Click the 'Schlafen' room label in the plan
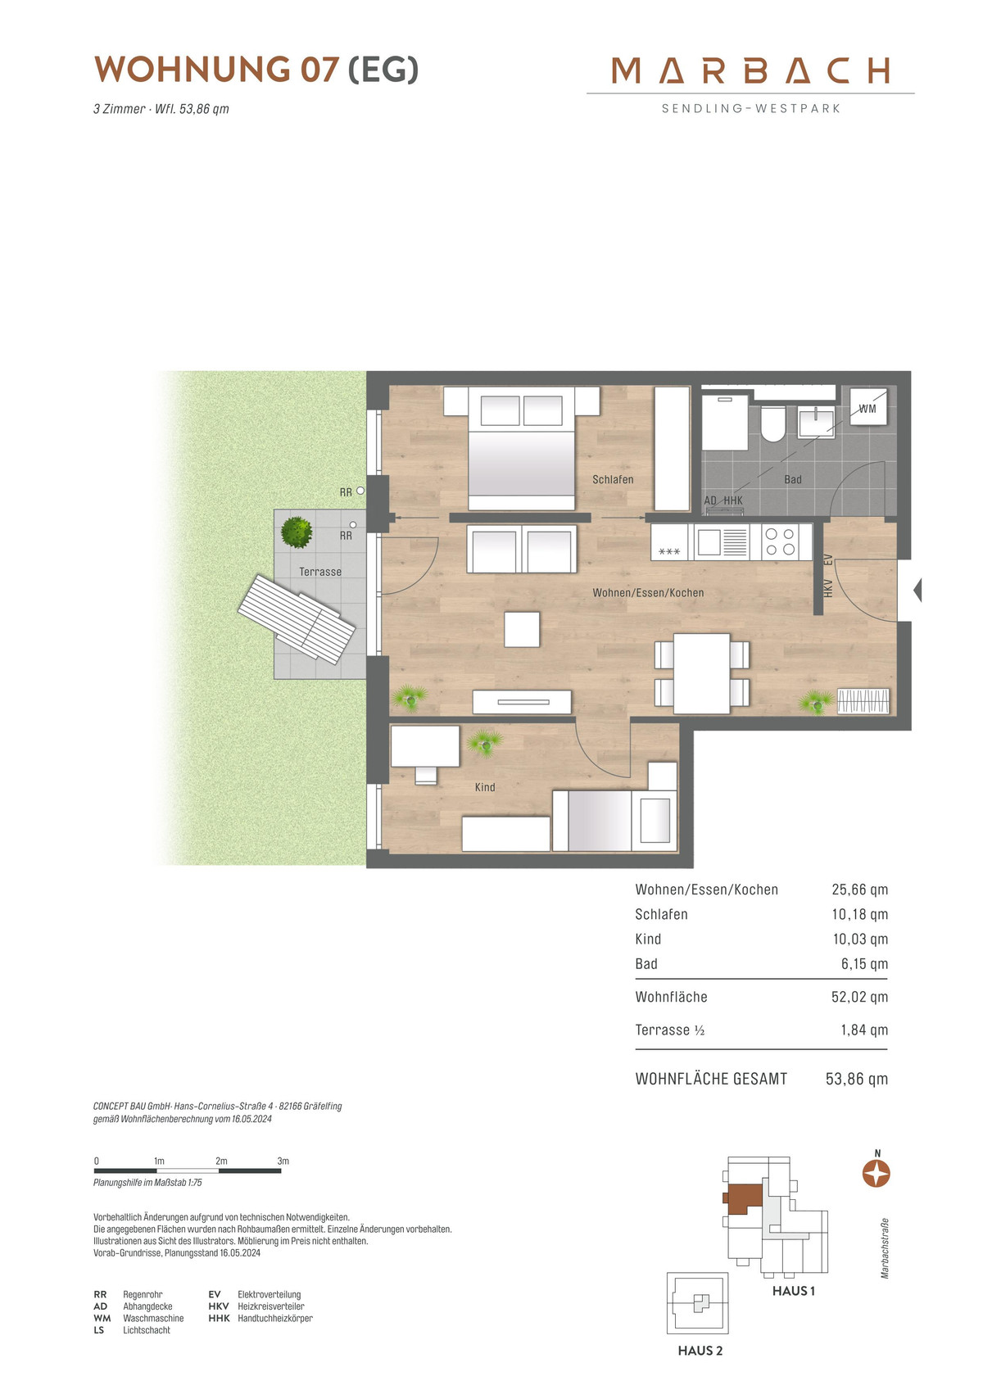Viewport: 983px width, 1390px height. [x=613, y=480]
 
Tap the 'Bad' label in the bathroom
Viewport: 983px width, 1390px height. [x=792, y=480]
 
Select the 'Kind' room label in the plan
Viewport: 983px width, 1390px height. [x=485, y=787]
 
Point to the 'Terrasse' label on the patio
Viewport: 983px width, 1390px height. [x=320, y=572]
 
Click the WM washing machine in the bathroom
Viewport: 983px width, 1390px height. [x=868, y=407]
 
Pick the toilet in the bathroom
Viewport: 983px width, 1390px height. [x=772, y=423]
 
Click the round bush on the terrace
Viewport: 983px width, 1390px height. [x=297, y=532]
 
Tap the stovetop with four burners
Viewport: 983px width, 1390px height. [x=780, y=541]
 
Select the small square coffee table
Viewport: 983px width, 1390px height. [x=522, y=629]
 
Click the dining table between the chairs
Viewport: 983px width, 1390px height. [x=702, y=673]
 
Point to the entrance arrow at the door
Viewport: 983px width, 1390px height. [x=917, y=590]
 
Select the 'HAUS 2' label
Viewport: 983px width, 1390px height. [x=700, y=1351]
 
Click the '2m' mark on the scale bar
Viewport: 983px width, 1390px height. [x=221, y=1161]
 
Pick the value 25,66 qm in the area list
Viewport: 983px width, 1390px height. [x=859, y=890]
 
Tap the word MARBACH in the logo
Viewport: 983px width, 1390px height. [x=751, y=70]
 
